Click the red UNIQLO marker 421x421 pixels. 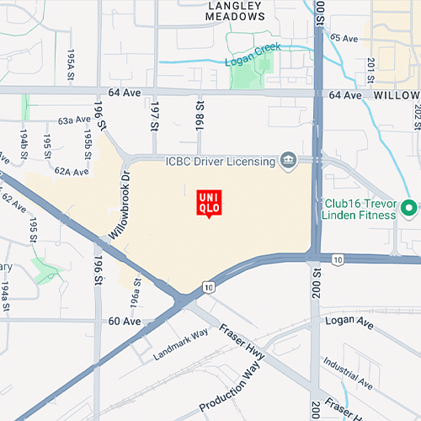[x=209, y=203]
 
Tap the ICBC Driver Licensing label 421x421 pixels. [x=221, y=160]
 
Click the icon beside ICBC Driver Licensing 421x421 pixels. [x=289, y=160]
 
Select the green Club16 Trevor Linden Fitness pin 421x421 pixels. [x=409, y=207]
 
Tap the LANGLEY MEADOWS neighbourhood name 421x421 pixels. [x=236, y=10]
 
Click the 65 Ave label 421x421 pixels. [x=344, y=38]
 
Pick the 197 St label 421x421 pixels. [x=154, y=115]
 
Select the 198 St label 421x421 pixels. [x=200, y=115]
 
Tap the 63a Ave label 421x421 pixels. [x=74, y=121]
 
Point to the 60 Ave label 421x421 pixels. [x=124, y=322]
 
